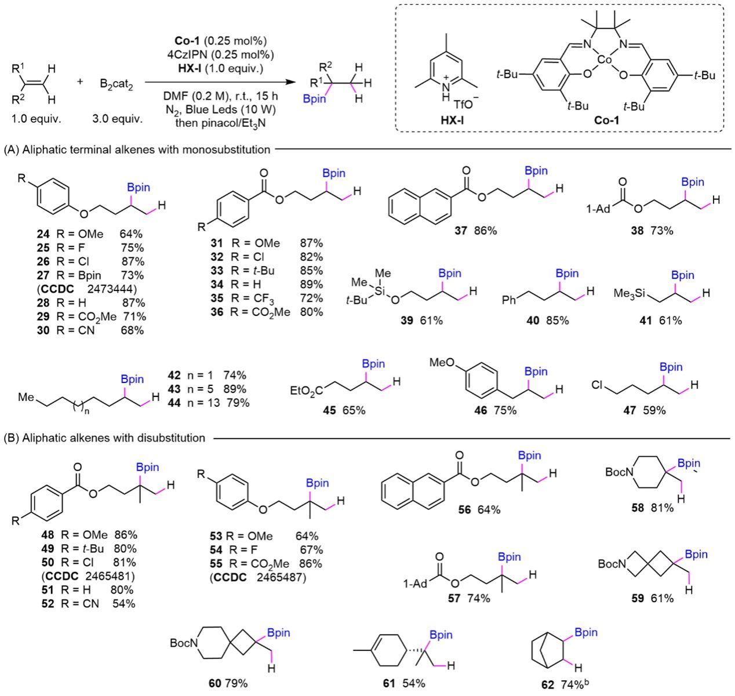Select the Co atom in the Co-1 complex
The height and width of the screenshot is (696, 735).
tap(605, 60)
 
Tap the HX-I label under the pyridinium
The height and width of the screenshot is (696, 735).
tap(452, 120)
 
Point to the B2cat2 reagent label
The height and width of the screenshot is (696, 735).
tap(117, 83)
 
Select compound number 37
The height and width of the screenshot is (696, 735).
tap(461, 231)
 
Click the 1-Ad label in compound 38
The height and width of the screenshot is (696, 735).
tap(598, 209)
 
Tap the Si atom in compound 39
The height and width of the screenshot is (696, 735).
tap(380, 291)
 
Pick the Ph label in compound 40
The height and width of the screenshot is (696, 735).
tap(509, 300)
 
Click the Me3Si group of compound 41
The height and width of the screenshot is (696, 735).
tap(630, 293)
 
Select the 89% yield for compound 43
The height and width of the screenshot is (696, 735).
tap(235, 389)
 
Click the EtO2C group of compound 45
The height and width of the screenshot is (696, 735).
tap(307, 391)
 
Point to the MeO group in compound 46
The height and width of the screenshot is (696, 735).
tap(442, 362)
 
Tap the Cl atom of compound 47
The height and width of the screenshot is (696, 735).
tap(596, 385)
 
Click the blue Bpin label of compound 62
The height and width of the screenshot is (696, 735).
tap(586, 632)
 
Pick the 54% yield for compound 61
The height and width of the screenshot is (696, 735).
tap(414, 683)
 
